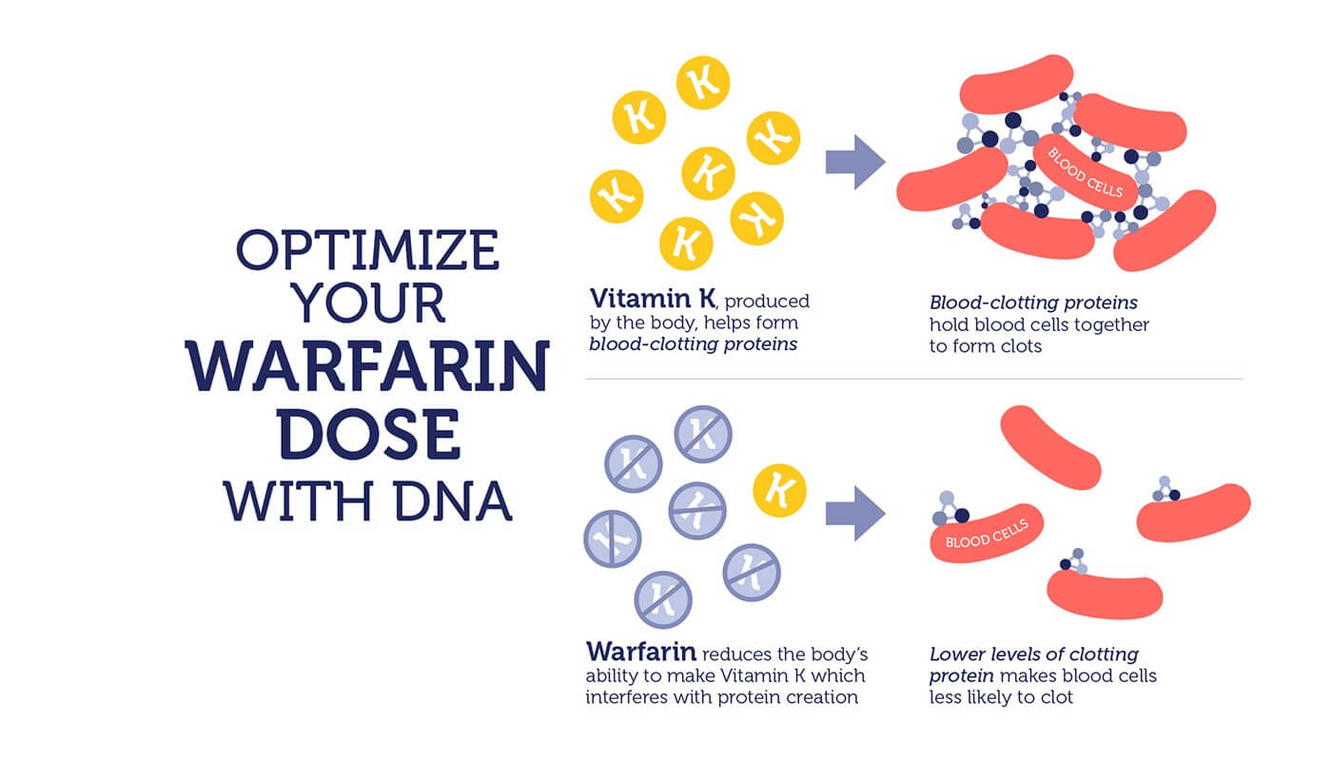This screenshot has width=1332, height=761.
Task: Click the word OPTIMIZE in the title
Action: click(x=367, y=249)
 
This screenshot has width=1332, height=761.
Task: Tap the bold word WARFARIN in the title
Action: click(x=367, y=365)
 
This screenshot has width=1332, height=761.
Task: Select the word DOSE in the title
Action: click(x=369, y=434)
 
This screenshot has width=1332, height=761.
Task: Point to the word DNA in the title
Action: click(x=453, y=501)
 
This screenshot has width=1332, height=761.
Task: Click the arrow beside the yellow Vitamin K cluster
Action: click(x=855, y=162)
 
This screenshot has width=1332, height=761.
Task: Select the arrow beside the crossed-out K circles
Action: click(x=855, y=513)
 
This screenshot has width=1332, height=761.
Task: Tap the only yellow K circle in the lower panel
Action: click(x=779, y=491)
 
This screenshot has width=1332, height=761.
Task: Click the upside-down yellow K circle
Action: click(x=757, y=218)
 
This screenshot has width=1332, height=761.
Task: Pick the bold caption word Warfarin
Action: click(x=641, y=652)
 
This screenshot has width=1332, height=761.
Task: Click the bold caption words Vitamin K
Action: click(x=653, y=298)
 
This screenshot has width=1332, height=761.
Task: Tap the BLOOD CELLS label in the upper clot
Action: click(x=1085, y=172)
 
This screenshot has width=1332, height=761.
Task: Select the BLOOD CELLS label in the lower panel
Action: click(x=987, y=534)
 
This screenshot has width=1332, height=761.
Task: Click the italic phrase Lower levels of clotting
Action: click(x=1033, y=654)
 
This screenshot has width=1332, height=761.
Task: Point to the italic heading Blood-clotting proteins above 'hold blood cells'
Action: click(x=1033, y=302)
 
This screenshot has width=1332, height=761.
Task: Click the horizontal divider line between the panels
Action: click(x=914, y=379)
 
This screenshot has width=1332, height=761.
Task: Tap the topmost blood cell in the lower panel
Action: click(x=1050, y=447)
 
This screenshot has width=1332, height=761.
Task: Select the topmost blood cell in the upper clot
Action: click(x=1016, y=84)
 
